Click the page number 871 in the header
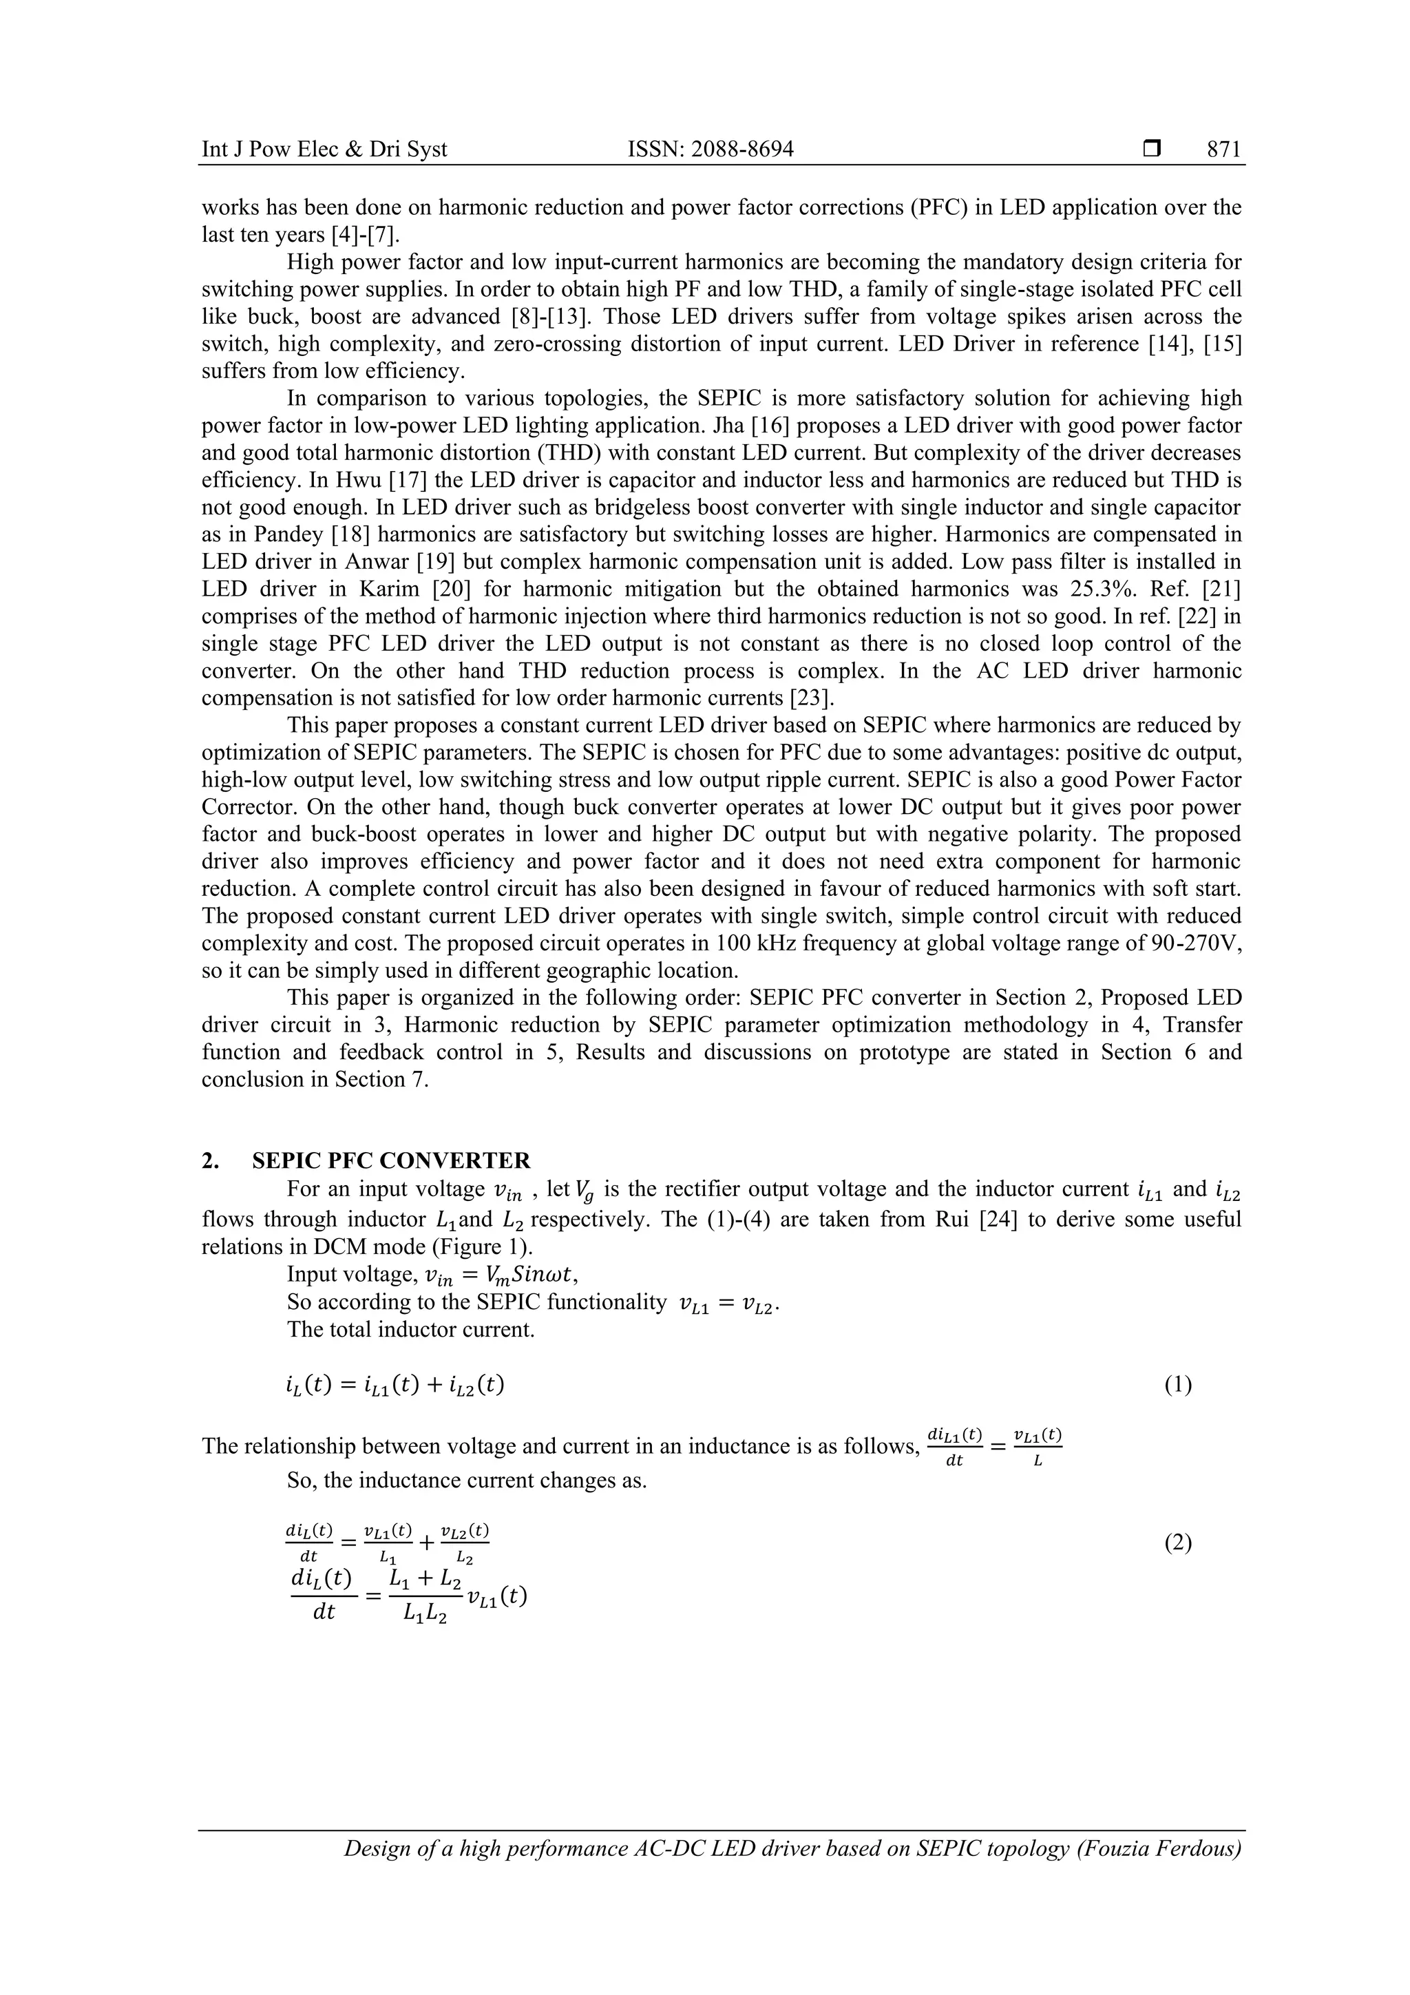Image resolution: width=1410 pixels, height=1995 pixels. coord(1223,149)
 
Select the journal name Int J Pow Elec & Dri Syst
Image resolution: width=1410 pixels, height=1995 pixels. coord(324,149)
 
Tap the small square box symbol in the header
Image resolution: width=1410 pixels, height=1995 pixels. coord(1152,149)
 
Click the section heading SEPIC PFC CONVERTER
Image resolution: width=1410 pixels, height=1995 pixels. coord(391,1161)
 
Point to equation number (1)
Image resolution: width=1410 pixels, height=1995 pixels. coord(1177,1385)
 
